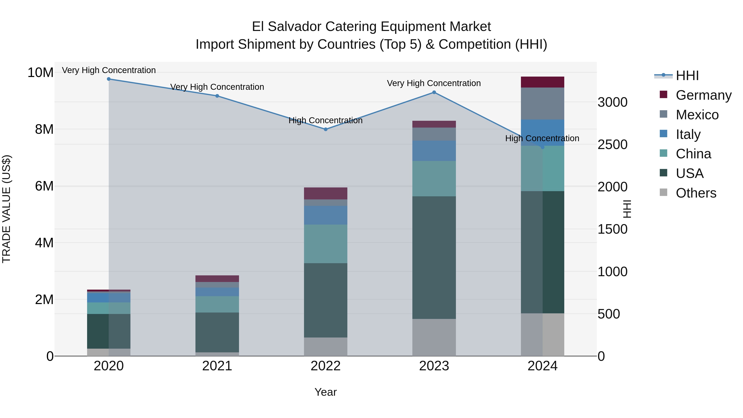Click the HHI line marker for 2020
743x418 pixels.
pyautogui.click(x=109, y=79)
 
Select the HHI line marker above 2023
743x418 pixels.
pyautogui.click(x=434, y=92)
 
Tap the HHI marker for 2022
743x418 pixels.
pyautogui.click(x=326, y=129)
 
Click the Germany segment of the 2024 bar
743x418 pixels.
pyautogui.click(x=543, y=82)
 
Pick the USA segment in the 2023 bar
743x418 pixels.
pyautogui.click(x=434, y=257)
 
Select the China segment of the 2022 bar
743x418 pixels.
pyautogui.click(x=326, y=244)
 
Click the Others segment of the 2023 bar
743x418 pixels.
pyautogui.click(x=434, y=337)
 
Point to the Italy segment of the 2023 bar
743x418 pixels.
pyautogui.click(x=434, y=151)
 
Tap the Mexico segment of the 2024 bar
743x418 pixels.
pyautogui.click(x=543, y=103)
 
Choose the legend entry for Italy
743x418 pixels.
pyautogui.click(x=688, y=134)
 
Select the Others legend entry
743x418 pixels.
pyautogui.click(x=696, y=193)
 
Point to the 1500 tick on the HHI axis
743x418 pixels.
pyautogui.click(x=612, y=229)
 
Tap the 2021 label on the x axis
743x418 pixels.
pyautogui.click(x=217, y=366)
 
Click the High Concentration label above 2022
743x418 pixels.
pyautogui.click(x=326, y=120)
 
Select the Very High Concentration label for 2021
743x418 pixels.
pyautogui.click(x=217, y=87)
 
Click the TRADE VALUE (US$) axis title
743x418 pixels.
pyautogui.click(x=7, y=209)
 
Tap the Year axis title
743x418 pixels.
pyautogui.click(x=326, y=392)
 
